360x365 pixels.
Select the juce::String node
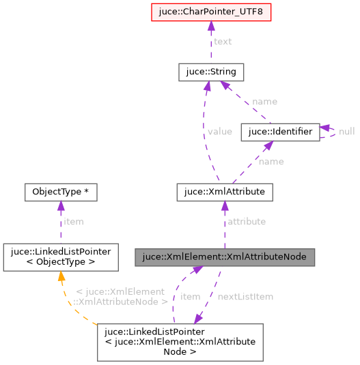click(211, 72)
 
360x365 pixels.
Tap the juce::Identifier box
click(280, 132)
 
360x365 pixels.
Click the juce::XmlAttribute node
click(225, 192)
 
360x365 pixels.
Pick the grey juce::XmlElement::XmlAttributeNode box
click(225, 257)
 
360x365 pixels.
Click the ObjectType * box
click(60, 192)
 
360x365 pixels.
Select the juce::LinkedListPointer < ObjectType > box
click(60, 257)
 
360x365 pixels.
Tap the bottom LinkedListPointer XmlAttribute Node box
click(180, 341)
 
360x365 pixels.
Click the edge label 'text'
click(223, 42)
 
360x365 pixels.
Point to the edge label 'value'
click(220, 132)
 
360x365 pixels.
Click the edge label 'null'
click(347, 132)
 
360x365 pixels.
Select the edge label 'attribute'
click(247, 222)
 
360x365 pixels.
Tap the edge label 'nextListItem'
click(245, 297)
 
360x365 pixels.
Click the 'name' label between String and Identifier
click(264, 102)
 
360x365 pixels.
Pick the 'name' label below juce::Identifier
click(271, 162)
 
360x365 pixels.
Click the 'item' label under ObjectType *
click(72, 222)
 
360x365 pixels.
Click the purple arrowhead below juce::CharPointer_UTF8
click(211, 27)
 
